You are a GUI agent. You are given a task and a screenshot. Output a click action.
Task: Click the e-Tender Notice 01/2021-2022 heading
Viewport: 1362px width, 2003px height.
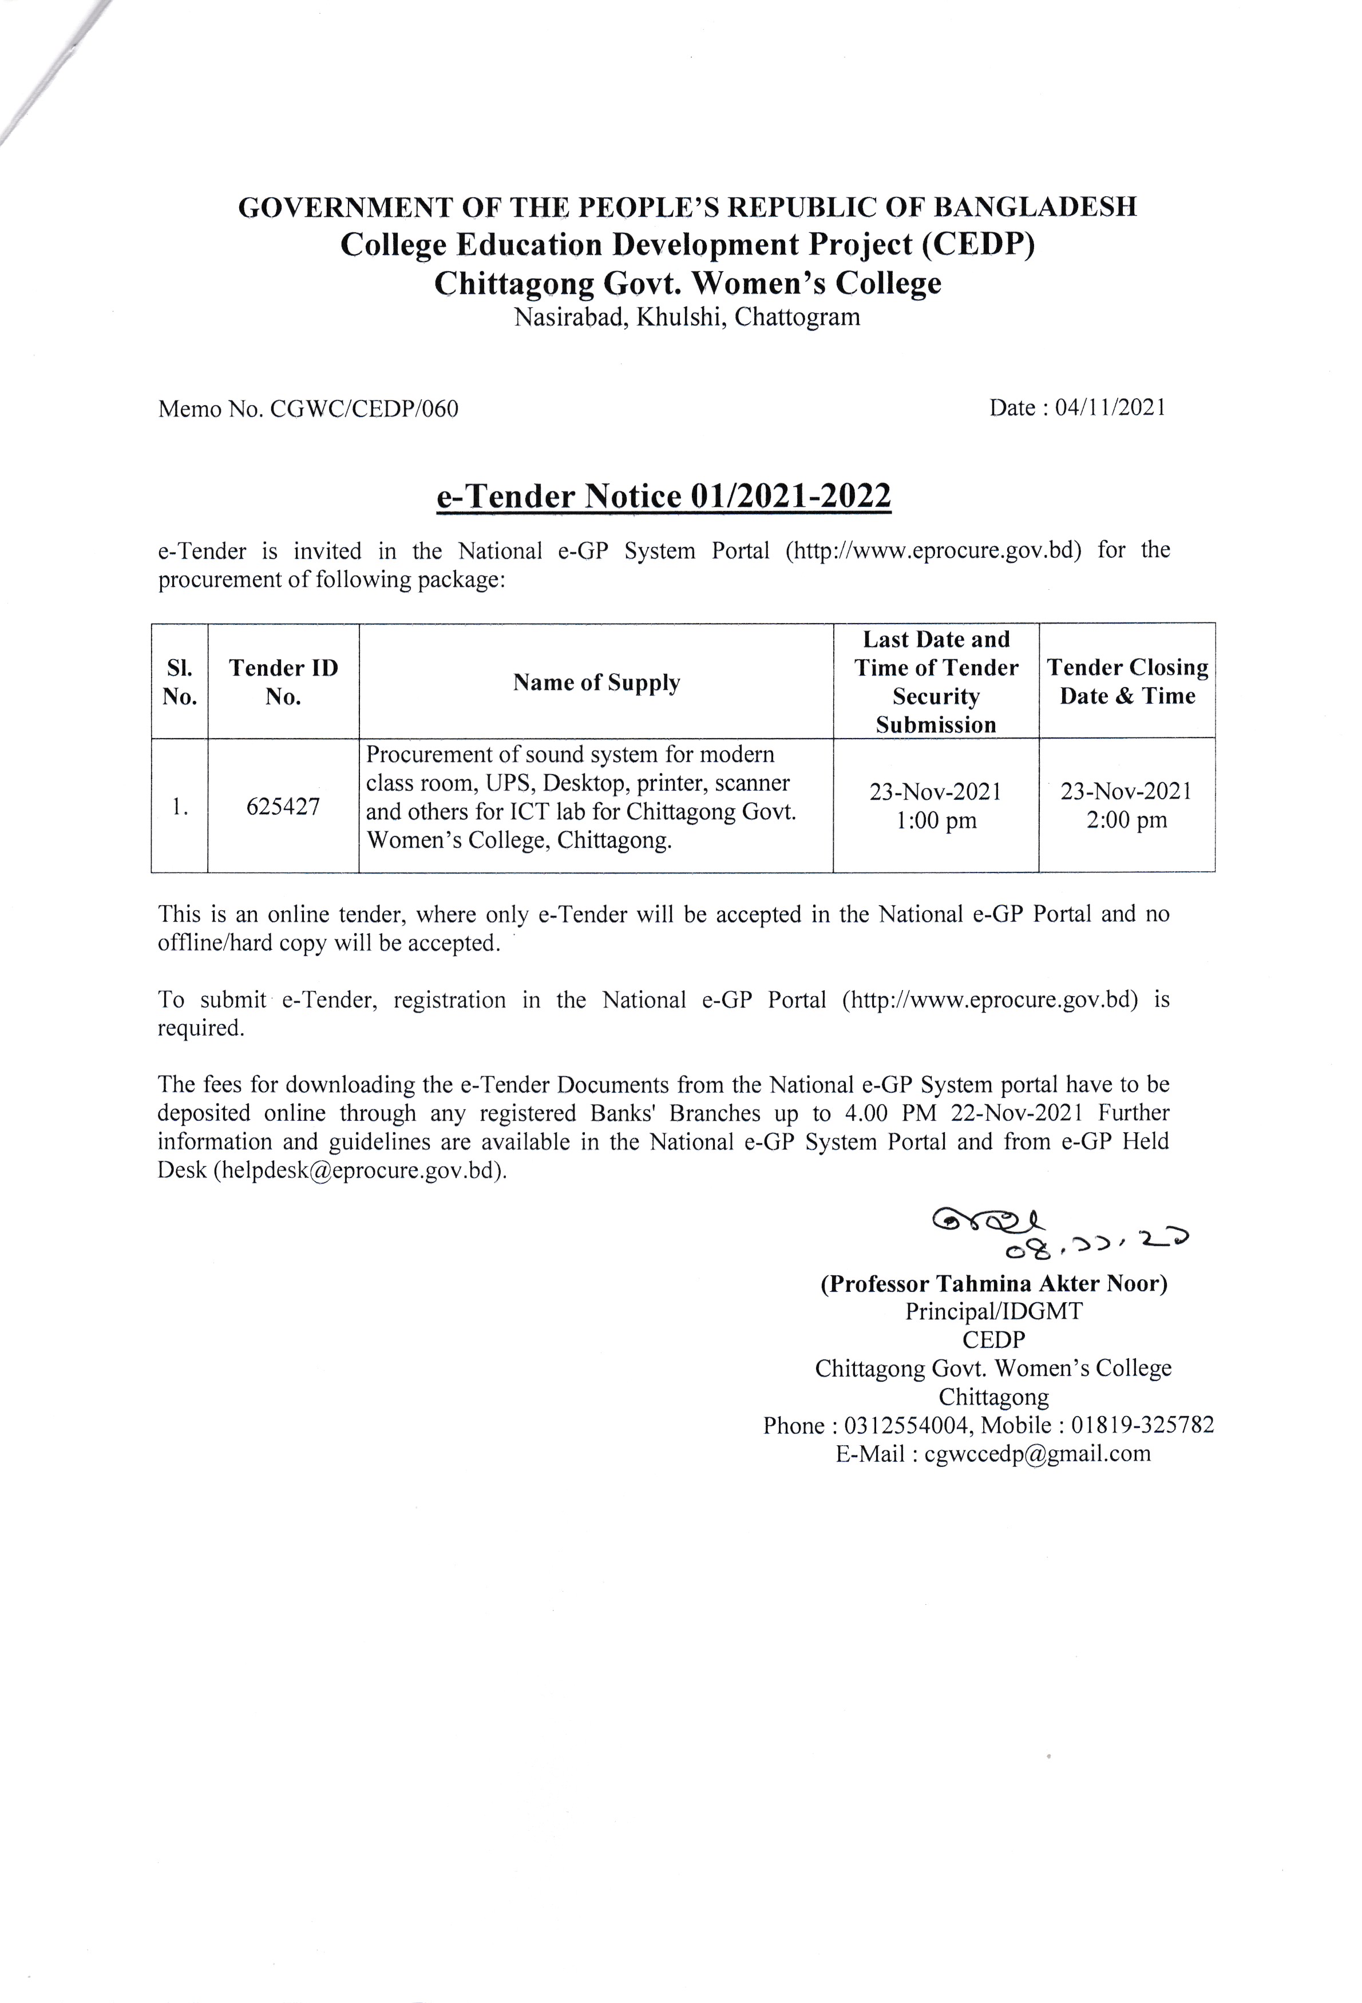[663, 497]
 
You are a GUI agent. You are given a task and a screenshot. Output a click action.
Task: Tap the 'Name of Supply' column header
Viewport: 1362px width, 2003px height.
[596, 683]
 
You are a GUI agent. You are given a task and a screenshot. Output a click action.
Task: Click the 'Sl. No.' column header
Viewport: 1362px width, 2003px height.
[179, 682]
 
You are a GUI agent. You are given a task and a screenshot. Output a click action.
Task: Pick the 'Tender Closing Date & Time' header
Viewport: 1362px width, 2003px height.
[1127, 682]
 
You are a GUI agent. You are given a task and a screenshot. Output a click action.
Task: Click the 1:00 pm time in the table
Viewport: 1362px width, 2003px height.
[936, 820]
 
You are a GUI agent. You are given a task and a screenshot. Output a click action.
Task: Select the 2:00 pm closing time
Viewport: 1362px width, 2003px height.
[1127, 820]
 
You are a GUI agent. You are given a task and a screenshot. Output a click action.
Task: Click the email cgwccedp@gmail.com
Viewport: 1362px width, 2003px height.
[1037, 1453]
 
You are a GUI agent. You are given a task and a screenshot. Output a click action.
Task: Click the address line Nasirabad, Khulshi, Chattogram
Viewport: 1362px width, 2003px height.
[687, 317]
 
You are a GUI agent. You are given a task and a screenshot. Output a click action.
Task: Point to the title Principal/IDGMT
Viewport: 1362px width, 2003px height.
[994, 1312]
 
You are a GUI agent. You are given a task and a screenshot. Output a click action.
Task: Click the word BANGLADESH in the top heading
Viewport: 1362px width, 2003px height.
[1035, 207]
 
